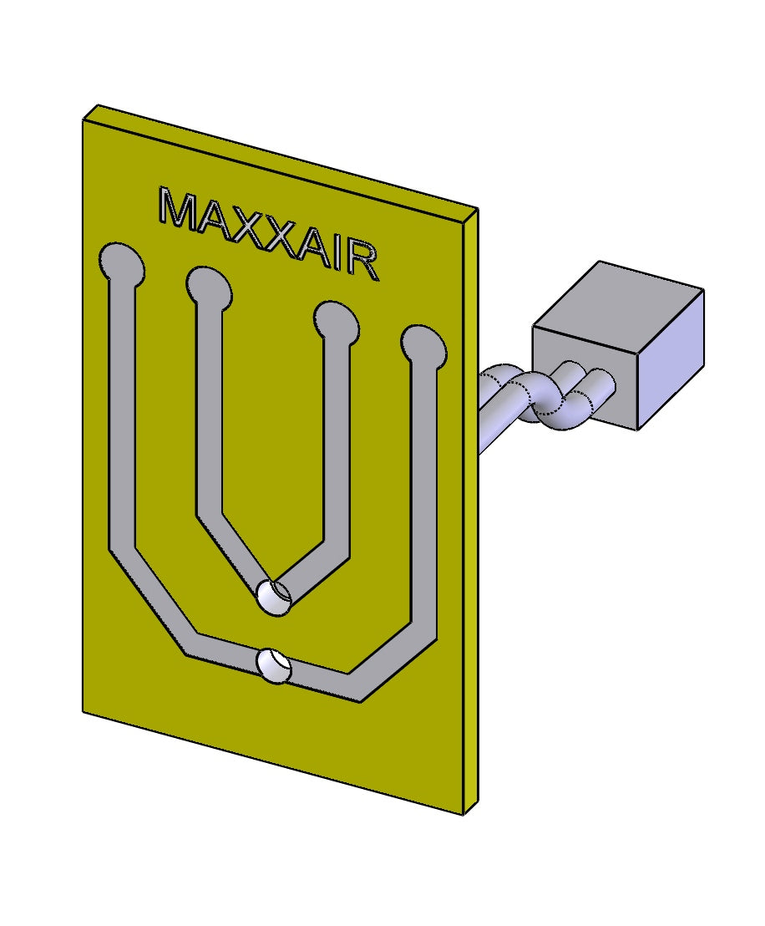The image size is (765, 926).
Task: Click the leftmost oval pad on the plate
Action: pos(121,262)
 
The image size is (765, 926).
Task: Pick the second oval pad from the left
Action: pos(208,287)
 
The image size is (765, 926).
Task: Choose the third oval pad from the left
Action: pos(336,322)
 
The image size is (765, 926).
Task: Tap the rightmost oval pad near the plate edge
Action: pos(423,346)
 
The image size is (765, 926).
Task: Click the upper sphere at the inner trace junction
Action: pos(273,597)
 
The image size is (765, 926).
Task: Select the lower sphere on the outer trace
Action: pos(274,665)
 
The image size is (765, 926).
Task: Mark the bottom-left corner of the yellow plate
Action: pos(84,710)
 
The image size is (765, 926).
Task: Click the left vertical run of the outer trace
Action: pos(121,418)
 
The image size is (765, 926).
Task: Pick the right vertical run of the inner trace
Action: pos(336,443)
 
